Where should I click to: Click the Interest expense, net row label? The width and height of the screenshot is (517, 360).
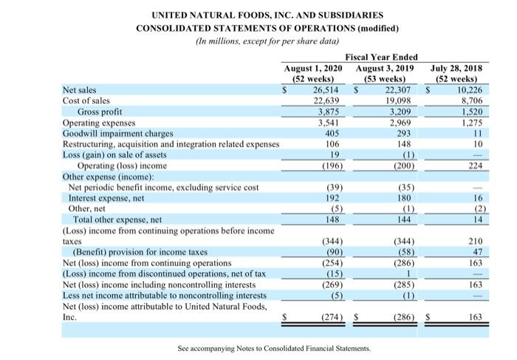point(106,198)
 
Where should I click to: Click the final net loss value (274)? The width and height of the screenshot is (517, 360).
point(325,317)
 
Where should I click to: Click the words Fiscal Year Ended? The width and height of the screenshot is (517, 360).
point(381,58)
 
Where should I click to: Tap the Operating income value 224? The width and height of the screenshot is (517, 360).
point(473,166)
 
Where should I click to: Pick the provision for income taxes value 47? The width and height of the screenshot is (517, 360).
point(476,252)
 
